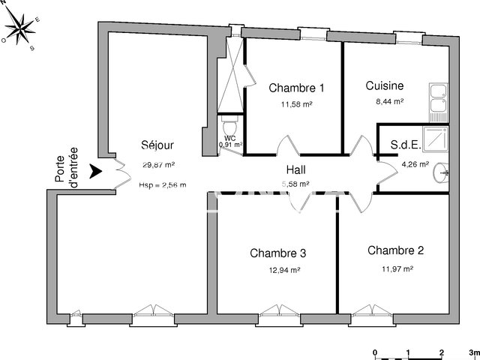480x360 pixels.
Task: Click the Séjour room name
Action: pos(157,146)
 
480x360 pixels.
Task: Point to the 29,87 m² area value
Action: pos(158,165)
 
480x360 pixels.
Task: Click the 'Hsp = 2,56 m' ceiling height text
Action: pos(163,184)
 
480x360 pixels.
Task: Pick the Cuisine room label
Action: pos(385,85)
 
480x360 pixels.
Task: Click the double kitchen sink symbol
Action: pos(437,100)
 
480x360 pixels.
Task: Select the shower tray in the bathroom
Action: pos(436,139)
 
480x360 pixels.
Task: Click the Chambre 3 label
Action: pos(278,253)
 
